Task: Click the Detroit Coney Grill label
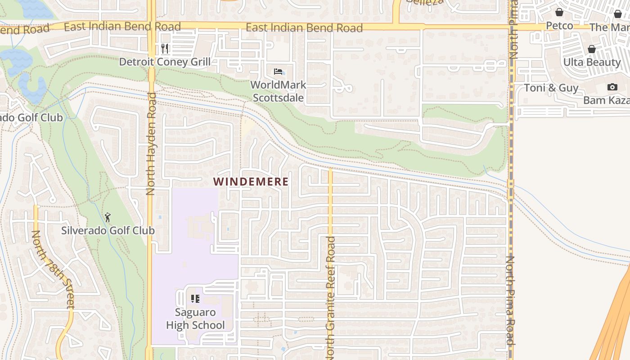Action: click(x=165, y=62)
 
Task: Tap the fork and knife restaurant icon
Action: click(x=165, y=48)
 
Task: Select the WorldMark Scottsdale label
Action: click(x=278, y=91)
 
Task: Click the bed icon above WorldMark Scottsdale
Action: click(x=278, y=72)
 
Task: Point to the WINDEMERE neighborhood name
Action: click(x=251, y=182)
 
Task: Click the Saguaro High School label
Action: click(x=195, y=319)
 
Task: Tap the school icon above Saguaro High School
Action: click(x=195, y=298)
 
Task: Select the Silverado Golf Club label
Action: click(x=108, y=231)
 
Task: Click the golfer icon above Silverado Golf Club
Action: click(x=108, y=218)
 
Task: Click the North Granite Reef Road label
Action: click(x=331, y=297)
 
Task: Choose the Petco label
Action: click(x=559, y=26)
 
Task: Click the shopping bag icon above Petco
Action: click(x=559, y=12)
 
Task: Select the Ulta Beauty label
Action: click(x=592, y=62)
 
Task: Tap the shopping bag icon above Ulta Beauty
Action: click(x=592, y=49)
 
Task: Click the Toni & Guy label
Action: click(x=551, y=88)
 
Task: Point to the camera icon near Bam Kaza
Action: click(x=612, y=87)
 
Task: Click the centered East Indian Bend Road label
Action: click(x=304, y=28)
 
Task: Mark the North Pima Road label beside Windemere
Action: click(x=511, y=300)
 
